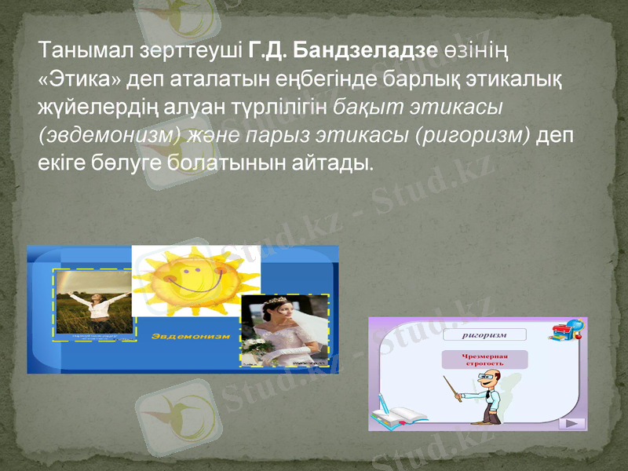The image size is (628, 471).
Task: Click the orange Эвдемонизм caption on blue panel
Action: (x=190, y=336)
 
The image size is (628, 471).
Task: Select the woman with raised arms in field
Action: (x=93, y=302)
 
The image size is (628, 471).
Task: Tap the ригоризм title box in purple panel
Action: (x=483, y=334)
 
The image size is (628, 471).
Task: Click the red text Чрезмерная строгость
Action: (x=484, y=360)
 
